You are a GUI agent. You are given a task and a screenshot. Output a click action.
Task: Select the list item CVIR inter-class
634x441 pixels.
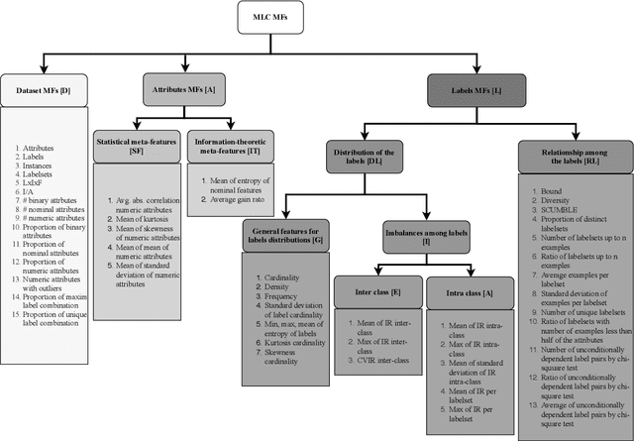(x=371, y=361)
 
